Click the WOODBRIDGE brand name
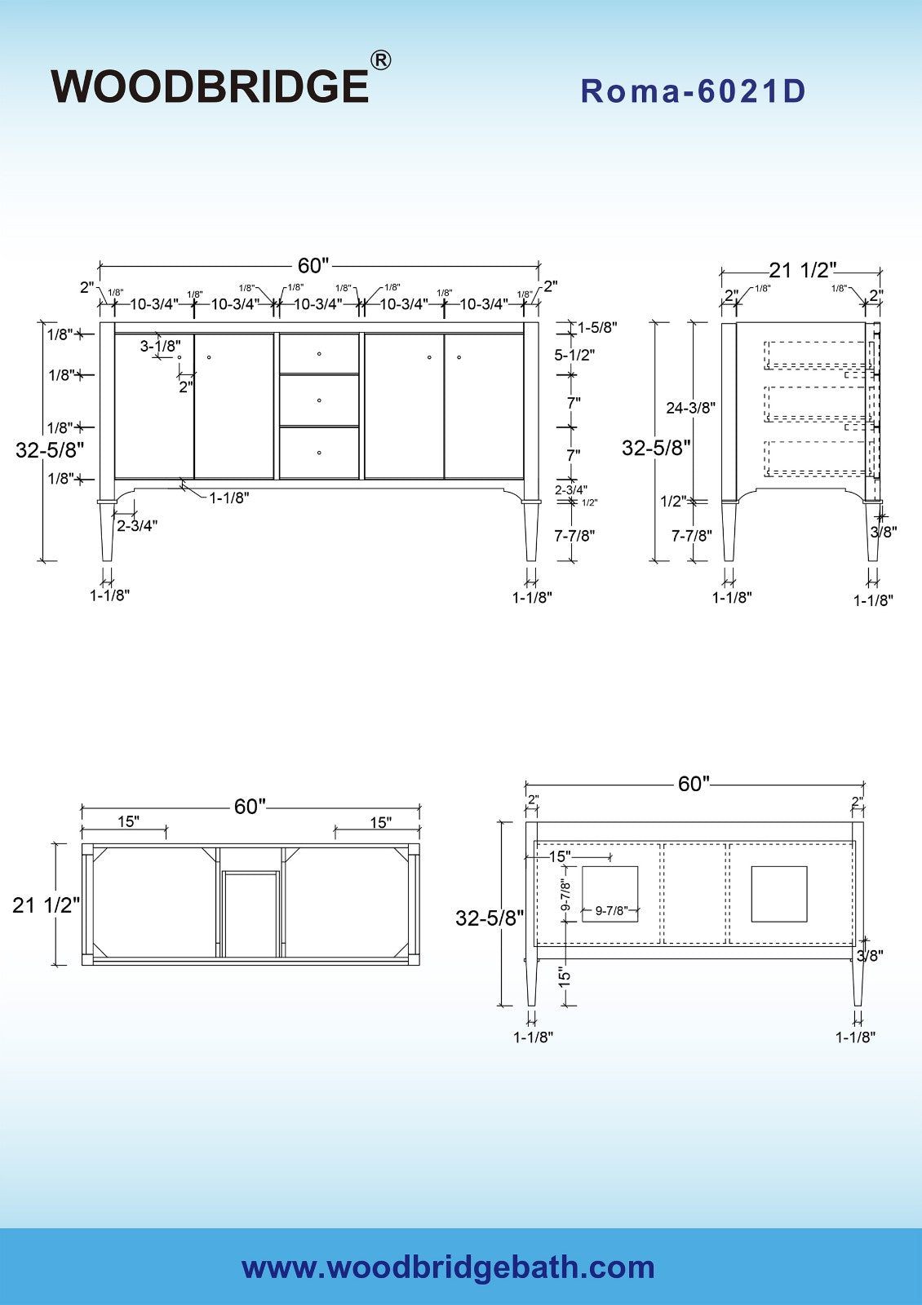[x=210, y=86]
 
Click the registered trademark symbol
[x=380, y=60]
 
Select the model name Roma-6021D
[x=693, y=91]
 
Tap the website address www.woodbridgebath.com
[x=448, y=1267]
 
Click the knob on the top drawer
[x=319, y=354]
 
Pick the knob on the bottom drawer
[x=319, y=453]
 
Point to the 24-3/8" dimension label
[x=690, y=408]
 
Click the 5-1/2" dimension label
[x=574, y=354]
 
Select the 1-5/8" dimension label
[x=596, y=327]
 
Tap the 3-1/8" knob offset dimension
[x=160, y=346]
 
